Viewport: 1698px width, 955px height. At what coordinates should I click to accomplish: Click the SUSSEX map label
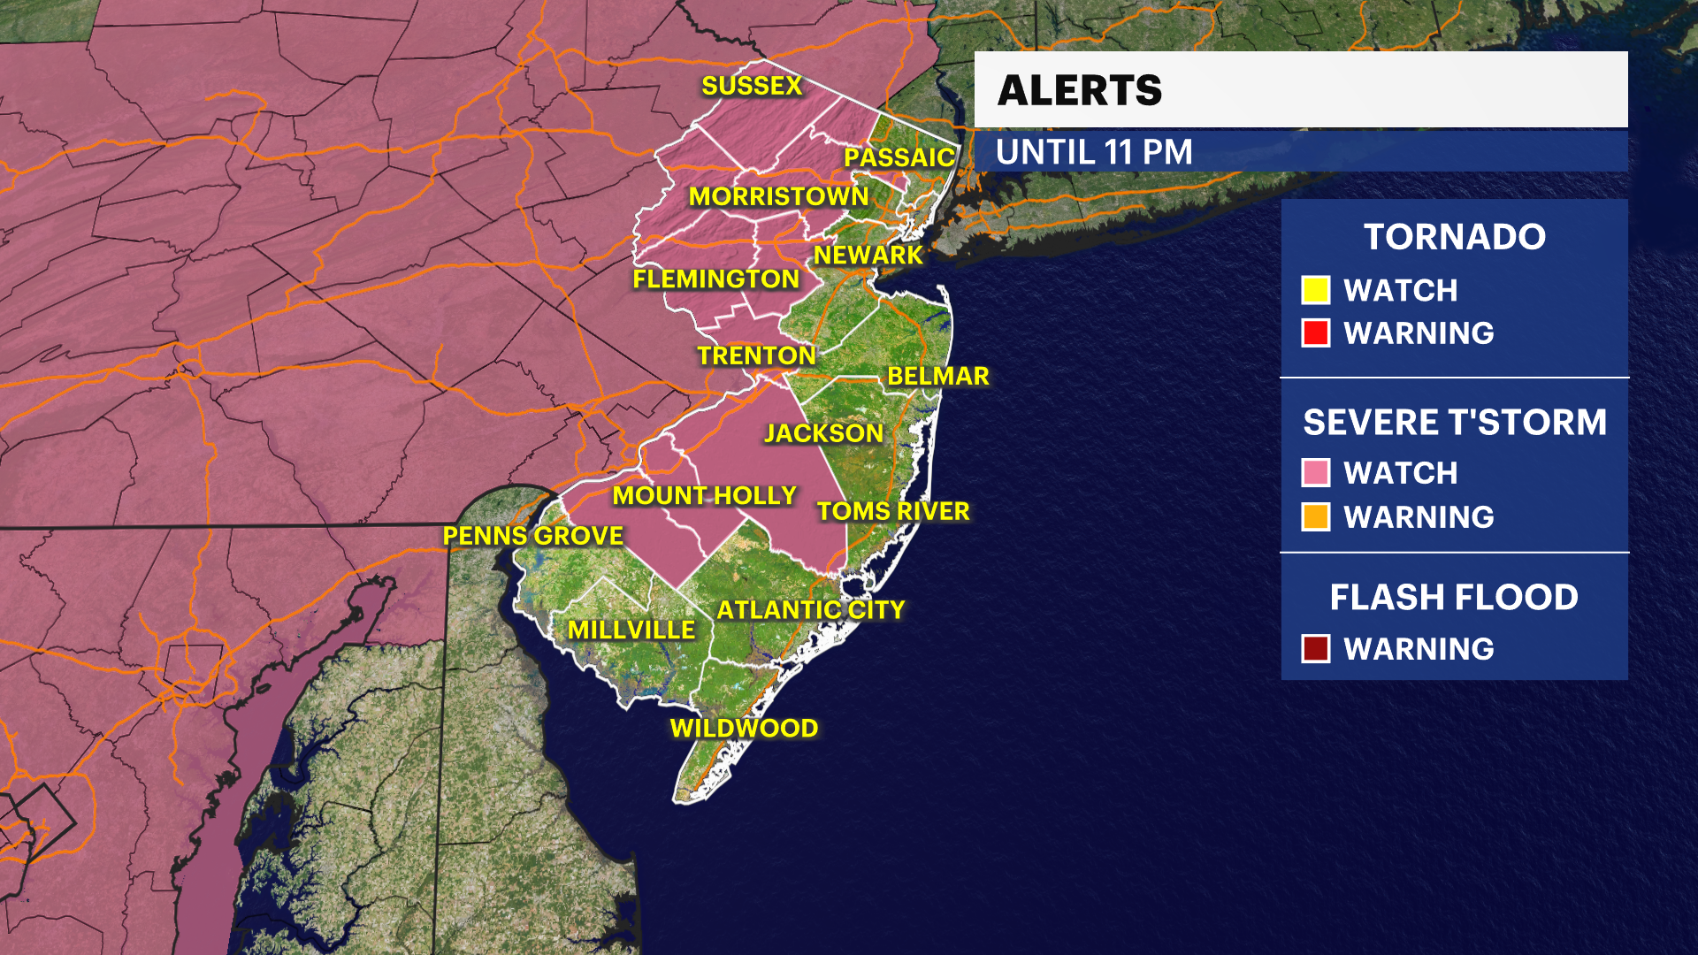point(752,86)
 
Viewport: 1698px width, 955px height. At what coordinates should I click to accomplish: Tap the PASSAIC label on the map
point(899,157)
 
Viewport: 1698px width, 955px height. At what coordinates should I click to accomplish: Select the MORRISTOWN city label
point(778,196)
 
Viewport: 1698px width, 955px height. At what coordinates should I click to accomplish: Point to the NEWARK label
point(868,256)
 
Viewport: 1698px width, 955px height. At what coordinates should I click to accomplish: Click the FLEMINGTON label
point(715,279)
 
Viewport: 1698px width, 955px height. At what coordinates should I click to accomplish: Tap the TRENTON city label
point(756,355)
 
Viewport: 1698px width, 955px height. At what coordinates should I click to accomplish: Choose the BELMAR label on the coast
point(937,377)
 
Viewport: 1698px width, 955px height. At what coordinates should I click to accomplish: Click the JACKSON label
point(823,433)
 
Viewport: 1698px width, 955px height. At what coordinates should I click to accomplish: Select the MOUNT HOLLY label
point(704,496)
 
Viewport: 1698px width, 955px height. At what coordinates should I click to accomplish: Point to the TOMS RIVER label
point(893,511)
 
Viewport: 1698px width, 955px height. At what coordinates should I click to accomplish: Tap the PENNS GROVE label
point(532,536)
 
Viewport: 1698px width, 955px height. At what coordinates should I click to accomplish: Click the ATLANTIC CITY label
point(810,610)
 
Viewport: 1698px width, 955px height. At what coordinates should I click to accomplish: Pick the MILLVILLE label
point(631,630)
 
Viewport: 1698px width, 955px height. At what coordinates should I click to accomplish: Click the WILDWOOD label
point(744,729)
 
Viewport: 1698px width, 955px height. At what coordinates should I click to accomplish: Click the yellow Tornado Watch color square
point(1315,290)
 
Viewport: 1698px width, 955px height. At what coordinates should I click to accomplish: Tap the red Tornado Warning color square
point(1315,333)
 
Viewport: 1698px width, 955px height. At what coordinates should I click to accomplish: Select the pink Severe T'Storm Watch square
point(1315,473)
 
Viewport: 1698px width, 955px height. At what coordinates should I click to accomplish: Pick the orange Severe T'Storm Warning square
point(1315,516)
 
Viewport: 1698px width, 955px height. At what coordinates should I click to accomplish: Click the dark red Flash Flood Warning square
point(1315,649)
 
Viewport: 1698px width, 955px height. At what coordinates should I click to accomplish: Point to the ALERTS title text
point(1079,90)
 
